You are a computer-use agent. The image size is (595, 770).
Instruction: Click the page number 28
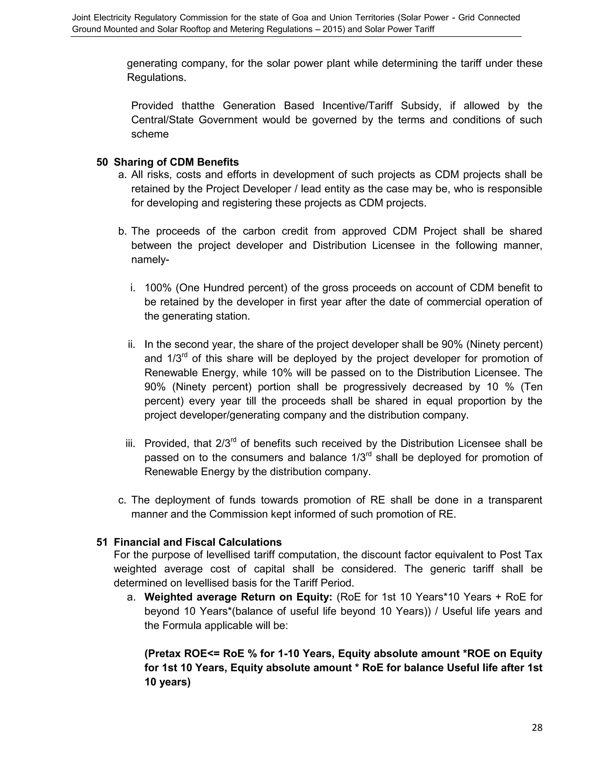537,728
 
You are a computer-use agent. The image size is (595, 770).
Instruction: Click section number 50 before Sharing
102,162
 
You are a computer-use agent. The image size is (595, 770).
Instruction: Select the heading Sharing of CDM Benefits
176,162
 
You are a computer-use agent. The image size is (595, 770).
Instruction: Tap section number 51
102,542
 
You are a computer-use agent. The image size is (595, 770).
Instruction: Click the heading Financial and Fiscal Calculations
198,542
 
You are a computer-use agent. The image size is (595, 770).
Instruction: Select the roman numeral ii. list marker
132,344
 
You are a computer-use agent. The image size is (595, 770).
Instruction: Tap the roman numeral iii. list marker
130,443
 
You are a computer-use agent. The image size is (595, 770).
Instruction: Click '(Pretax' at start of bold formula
162,654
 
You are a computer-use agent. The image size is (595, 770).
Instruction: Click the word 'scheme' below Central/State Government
150,134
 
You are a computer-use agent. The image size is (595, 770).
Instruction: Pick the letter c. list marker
122,500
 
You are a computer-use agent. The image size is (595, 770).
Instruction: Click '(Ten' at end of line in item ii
531,387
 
